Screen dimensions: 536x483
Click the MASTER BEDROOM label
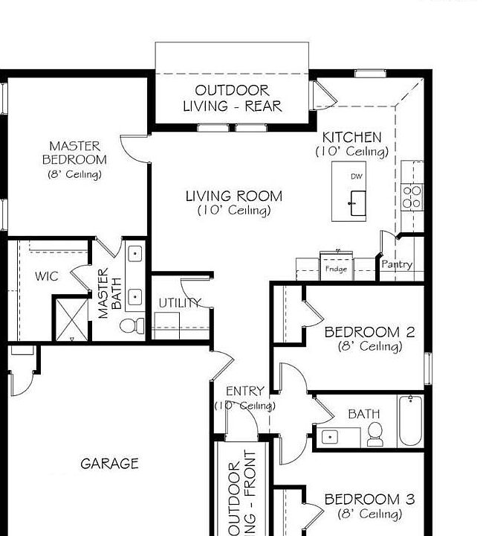(x=74, y=153)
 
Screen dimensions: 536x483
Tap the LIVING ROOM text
(x=233, y=197)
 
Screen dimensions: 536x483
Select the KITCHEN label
(x=351, y=138)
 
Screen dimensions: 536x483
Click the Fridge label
(x=337, y=269)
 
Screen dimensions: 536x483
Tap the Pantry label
(x=397, y=264)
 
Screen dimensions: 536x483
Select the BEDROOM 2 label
(x=369, y=332)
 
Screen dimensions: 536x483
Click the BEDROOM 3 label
(x=369, y=499)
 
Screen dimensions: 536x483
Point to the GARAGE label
(x=109, y=464)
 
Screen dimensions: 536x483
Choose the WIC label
(x=47, y=276)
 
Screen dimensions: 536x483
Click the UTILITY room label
(x=179, y=302)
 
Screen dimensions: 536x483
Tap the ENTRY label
(x=244, y=392)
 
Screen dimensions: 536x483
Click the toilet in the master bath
(x=132, y=326)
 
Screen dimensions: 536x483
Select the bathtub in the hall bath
(x=410, y=421)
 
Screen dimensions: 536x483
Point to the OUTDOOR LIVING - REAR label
(x=232, y=98)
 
